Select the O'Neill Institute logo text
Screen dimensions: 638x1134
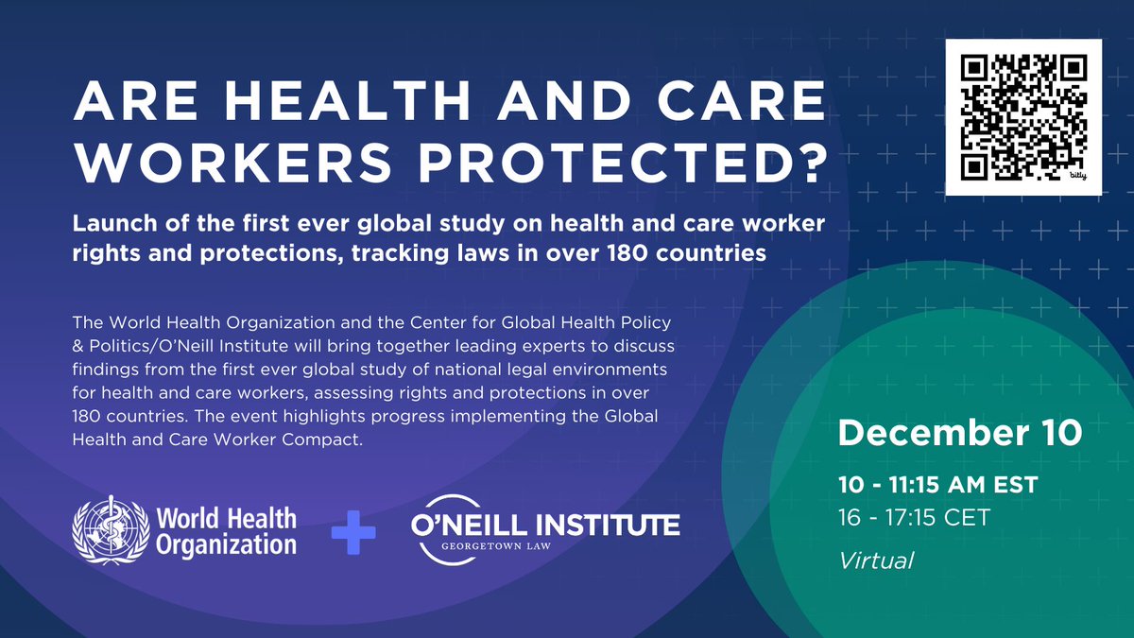pos(545,524)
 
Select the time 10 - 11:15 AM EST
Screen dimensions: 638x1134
pos(937,485)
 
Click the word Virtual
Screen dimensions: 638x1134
pos(876,560)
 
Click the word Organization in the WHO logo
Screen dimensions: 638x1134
pos(227,544)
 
